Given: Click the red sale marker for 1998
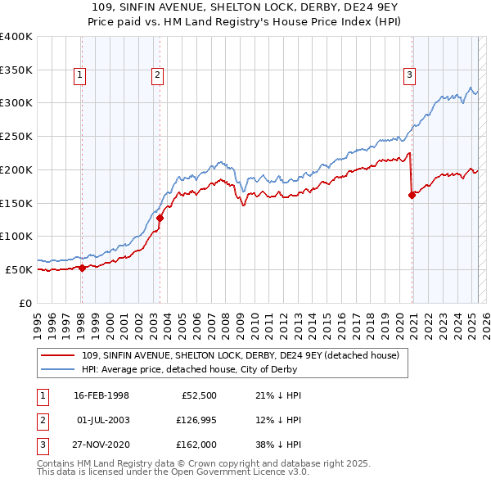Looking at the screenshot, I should (x=82, y=268).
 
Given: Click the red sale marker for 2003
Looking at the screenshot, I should (x=160, y=218).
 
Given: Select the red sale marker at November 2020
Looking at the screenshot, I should (x=412, y=195).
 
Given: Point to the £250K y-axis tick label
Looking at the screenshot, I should (x=16, y=136).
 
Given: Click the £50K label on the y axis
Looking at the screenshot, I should (x=20, y=269).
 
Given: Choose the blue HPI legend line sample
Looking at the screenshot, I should (x=59, y=369).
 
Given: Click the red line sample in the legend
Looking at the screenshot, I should (x=59, y=355).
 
